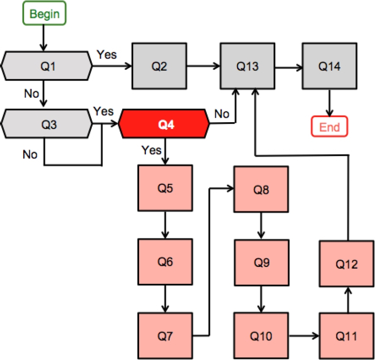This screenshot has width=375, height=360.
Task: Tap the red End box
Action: point(330,127)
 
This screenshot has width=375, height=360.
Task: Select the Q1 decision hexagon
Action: point(48,67)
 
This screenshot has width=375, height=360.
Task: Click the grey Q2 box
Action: point(159,67)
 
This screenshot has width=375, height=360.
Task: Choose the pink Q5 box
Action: point(165,188)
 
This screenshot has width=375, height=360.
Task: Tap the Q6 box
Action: point(165,262)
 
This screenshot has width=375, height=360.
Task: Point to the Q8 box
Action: point(261,190)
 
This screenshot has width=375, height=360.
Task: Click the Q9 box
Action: point(261,262)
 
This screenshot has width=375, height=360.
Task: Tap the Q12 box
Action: point(346,264)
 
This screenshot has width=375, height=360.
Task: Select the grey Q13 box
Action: point(247,67)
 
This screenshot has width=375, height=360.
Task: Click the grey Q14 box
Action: point(329,67)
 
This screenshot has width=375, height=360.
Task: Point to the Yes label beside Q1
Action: point(107,55)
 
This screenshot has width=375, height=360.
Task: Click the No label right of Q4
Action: point(222,114)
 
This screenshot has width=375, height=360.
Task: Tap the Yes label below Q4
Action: point(151,150)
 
